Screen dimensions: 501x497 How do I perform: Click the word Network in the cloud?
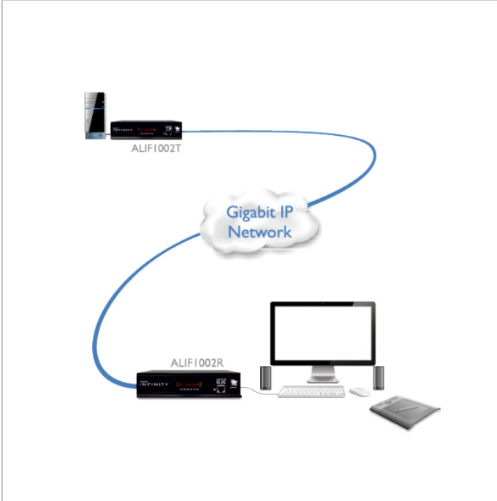tap(259, 232)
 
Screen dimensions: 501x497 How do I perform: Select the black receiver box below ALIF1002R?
tap(189, 384)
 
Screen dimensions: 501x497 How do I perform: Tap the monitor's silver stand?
tap(322, 375)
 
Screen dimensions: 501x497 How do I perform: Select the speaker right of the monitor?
tap(378, 377)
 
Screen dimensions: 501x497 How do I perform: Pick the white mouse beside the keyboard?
tap(358, 392)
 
